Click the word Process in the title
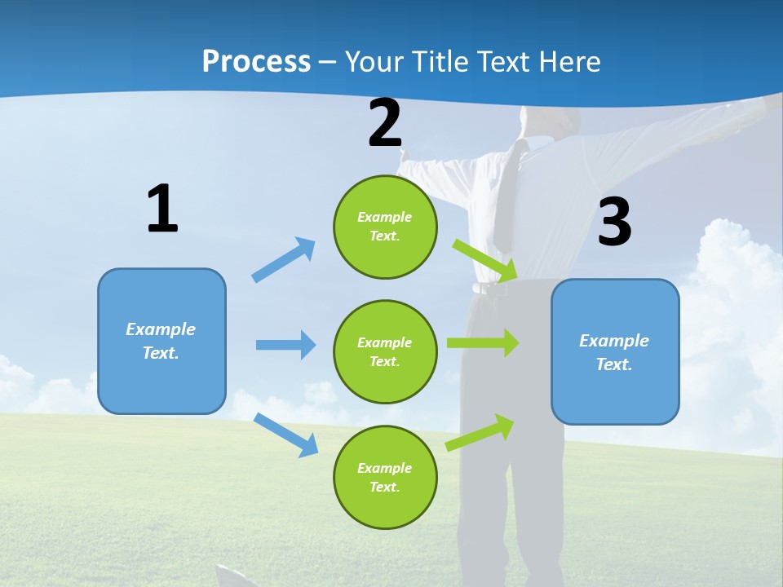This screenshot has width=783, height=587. pyautogui.click(x=256, y=62)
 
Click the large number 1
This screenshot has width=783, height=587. pyautogui.click(x=162, y=209)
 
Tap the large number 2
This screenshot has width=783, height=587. pyautogui.click(x=385, y=123)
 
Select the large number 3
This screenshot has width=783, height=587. pyautogui.click(x=615, y=222)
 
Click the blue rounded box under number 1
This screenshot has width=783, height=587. pyautogui.click(x=161, y=341)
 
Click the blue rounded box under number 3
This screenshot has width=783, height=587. pyautogui.click(x=615, y=351)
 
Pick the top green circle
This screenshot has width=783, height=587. pyautogui.click(x=385, y=227)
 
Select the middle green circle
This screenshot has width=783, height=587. pyautogui.click(x=385, y=351)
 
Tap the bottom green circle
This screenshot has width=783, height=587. pyautogui.click(x=385, y=477)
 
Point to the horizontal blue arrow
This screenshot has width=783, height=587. pyautogui.click(x=285, y=345)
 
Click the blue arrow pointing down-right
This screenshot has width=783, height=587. pyautogui.click(x=285, y=435)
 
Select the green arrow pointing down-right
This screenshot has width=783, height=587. pyautogui.click(x=484, y=260)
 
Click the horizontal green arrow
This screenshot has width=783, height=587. pyautogui.click(x=482, y=343)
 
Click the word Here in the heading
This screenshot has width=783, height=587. pyautogui.click(x=570, y=62)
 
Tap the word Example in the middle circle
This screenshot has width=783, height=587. pyautogui.click(x=385, y=342)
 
